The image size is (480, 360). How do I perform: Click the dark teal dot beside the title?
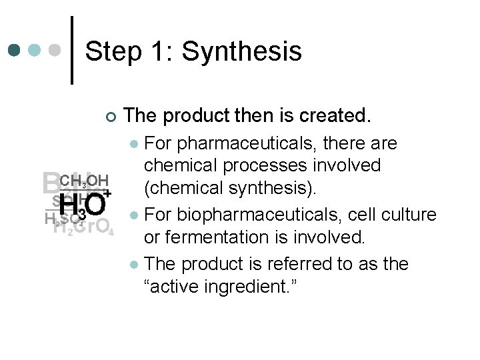(15, 50)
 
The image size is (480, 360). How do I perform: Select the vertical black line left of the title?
(72, 50)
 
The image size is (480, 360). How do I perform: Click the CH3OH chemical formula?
(83, 181)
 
